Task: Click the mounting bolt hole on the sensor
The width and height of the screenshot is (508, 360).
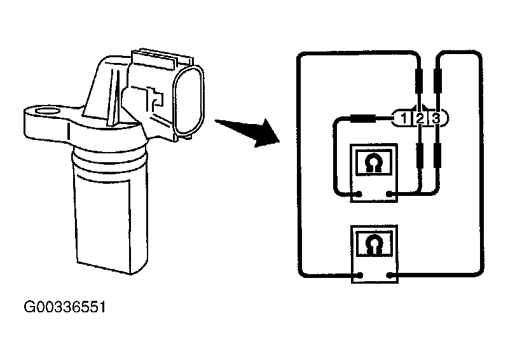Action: tap(47, 111)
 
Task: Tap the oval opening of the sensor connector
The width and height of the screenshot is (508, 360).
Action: tap(189, 100)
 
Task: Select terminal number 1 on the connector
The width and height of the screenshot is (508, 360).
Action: tap(404, 118)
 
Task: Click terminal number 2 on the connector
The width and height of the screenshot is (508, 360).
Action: tap(420, 118)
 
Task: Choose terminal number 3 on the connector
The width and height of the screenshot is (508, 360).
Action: tap(436, 118)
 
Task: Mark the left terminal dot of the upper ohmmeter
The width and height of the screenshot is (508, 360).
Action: tap(359, 194)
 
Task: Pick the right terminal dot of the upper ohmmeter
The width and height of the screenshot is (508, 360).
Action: tap(389, 194)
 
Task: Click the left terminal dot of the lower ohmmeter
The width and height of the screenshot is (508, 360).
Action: tap(360, 275)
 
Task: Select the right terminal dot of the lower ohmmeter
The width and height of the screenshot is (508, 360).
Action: tap(390, 275)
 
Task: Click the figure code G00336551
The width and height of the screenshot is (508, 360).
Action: tap(65, 307)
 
